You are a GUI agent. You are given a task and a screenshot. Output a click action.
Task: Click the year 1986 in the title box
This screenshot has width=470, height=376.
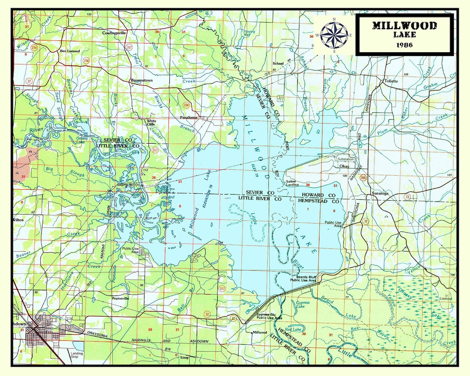404,45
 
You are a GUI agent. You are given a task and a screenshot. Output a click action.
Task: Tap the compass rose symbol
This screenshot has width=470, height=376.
334,35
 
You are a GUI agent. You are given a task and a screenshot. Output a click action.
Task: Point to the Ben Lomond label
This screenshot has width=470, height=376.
69,51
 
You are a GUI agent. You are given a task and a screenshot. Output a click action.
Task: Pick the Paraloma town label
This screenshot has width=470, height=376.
189,117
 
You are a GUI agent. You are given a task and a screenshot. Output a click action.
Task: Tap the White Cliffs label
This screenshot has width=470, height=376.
151,123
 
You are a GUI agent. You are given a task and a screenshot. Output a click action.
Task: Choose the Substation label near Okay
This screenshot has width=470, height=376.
346,159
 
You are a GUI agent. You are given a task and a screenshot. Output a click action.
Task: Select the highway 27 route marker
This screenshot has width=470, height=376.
29,81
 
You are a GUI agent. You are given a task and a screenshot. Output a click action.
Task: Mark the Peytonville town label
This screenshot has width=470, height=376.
121,299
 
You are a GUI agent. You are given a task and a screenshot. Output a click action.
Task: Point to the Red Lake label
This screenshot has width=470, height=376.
294,329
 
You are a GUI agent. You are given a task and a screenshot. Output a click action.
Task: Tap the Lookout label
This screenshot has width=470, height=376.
446,299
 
